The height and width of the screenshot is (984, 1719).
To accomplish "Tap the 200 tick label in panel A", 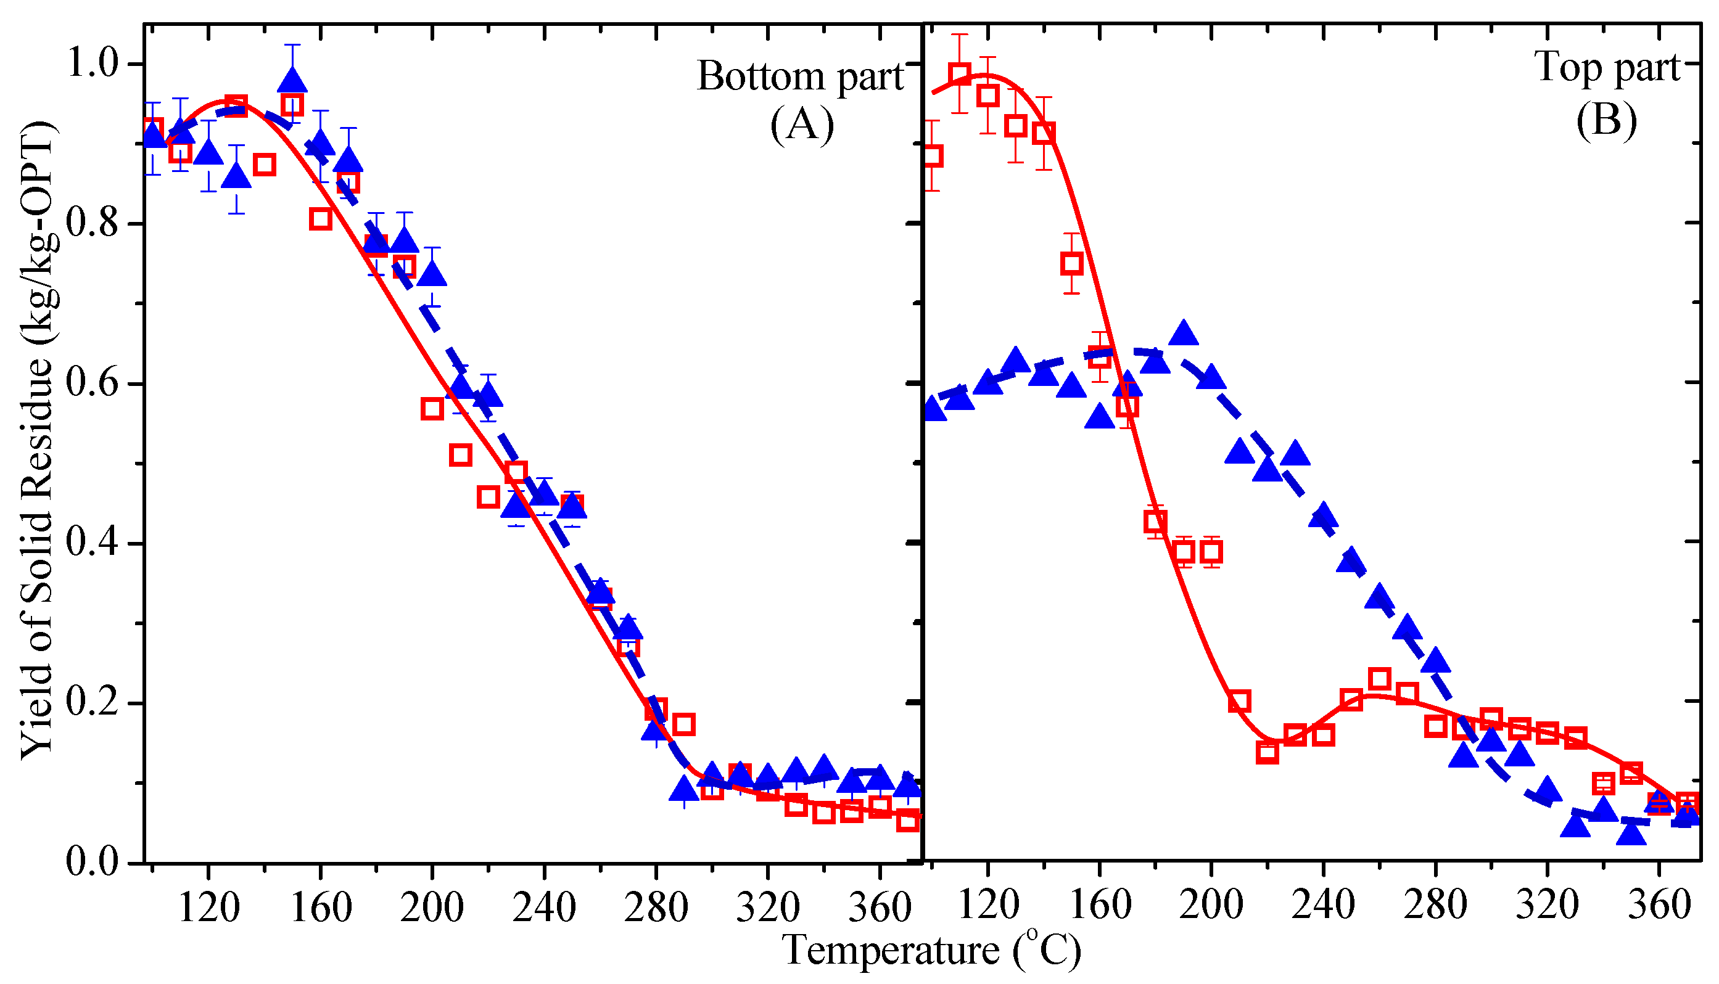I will click(x=431, y=907).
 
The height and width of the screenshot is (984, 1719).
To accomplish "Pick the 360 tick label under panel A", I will click(x=880, y=907).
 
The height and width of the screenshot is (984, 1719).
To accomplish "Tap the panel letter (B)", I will click(x=1606, y=121).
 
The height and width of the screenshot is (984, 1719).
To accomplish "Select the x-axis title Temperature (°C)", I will click(x=931, y=949).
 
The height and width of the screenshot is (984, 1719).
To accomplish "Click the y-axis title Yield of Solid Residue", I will click(x=37, y=439).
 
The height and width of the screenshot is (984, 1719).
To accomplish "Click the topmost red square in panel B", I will click(x=959, y=73).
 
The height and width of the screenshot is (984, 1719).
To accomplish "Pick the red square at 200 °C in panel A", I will click(x=432, y=409).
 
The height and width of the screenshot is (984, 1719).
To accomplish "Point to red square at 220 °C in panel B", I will click(x=1268, y=752).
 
